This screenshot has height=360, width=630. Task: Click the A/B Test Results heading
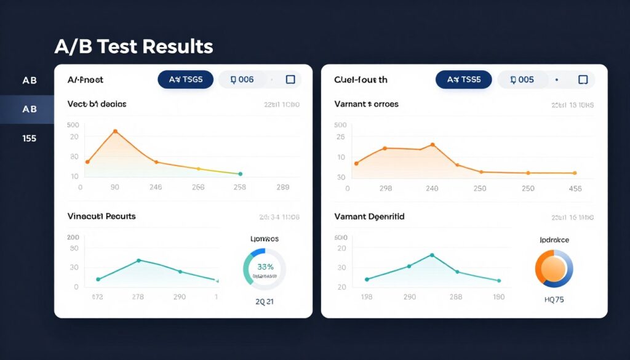[134, 46]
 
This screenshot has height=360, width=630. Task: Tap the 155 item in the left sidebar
[29, 138]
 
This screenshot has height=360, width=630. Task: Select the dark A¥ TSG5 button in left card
[185, 79]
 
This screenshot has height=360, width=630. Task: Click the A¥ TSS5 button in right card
[463, 79]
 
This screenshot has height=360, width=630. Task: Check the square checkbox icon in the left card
[290, 79]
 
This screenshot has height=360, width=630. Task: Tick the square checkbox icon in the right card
[582, 79]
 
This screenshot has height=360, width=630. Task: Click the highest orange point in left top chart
[115, 131]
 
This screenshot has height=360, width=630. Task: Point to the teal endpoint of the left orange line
[240, 174]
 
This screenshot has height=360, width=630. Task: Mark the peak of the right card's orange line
[433, 145]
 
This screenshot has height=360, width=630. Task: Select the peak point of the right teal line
[432, 255]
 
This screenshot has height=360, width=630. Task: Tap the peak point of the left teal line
[138, 260]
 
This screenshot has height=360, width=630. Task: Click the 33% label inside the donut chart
[265, 267]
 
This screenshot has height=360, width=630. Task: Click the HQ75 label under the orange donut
[554, 300]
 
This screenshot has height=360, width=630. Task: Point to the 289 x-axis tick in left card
[283, 188]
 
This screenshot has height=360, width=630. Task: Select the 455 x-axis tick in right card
[575, 189]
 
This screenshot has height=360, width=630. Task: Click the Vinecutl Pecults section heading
[102, 217]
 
